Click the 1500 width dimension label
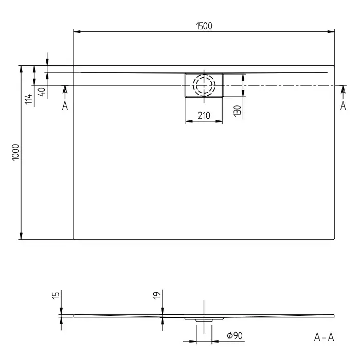(204, 26)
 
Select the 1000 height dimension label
(16, 152)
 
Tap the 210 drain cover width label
(204, 116)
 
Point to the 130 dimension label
(238, 111)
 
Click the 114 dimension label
(29, 99)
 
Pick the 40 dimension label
(42, 92)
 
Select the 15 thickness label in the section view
(56, 295)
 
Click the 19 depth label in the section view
(156, 296)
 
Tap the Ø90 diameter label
(235, 336)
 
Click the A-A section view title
(323, 337)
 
